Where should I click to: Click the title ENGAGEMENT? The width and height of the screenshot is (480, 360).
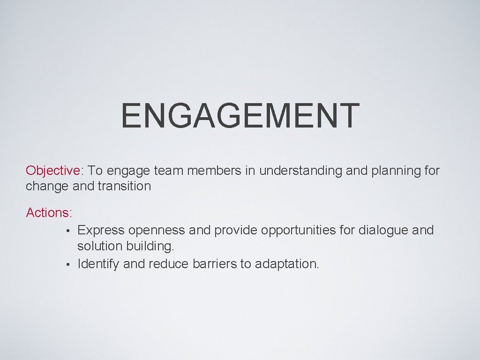click(x=240, y=115)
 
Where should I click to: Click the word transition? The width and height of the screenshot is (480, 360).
click(x=124, y=186)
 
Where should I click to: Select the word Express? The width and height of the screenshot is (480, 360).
click(x=101, y=230)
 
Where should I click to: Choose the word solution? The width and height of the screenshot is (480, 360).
click(x=99, y=246)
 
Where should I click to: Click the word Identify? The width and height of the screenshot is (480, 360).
click(x=98, y=264)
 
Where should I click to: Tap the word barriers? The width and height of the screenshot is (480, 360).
click(x=215, y=264)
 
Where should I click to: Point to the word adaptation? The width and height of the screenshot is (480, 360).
click(x=286, y=264)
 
